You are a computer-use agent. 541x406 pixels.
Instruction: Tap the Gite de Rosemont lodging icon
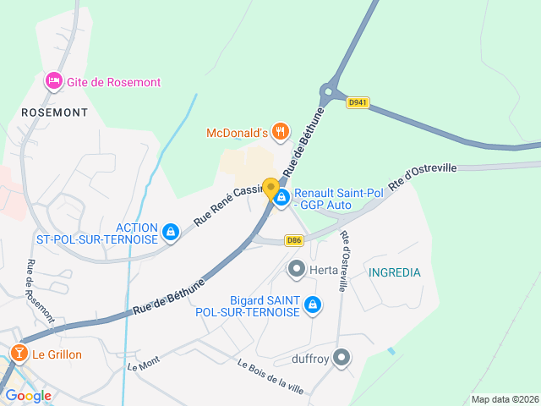click(x=53, y=81)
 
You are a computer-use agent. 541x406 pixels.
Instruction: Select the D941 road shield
click(x=358, y=102)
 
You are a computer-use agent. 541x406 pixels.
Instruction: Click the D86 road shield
click(x=294, y=240)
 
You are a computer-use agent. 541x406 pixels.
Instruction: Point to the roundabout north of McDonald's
click(x=330, y=92)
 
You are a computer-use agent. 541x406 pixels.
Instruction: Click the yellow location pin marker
click(x=270, y=189)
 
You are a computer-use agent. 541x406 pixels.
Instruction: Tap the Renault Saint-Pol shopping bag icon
click(x=281, y=197)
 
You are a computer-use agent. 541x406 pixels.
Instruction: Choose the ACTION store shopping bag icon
click(x=171, y=231)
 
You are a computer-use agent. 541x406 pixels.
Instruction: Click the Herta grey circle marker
click(x=297, y=270)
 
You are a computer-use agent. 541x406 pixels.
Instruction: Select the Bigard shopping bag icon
click(x=313, y=304)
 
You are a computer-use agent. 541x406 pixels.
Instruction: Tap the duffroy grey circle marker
click(x=342, y=358)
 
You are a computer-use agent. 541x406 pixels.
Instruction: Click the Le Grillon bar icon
click(x=19, y=354)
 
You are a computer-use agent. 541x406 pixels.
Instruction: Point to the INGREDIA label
click(x=394, y=272)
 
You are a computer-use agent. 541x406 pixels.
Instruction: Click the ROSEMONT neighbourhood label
click(x=54, y=112)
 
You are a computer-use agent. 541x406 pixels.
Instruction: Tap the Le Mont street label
click(x=143, y=365)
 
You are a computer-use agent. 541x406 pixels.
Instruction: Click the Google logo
click(x=28, y=396)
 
